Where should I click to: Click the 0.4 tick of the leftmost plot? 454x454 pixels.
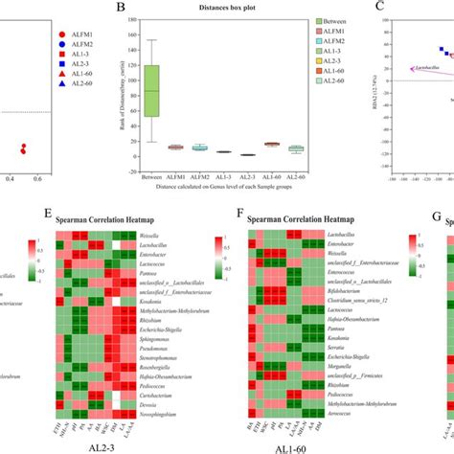11,177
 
